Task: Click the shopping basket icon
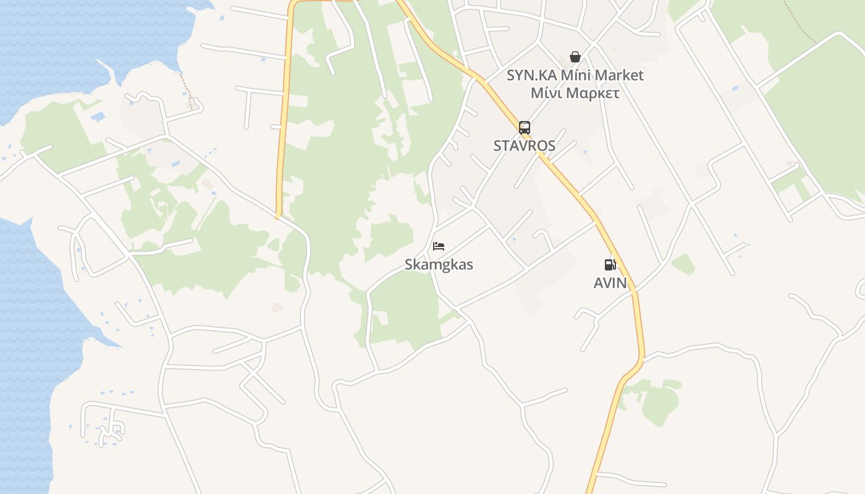tap(575, 57)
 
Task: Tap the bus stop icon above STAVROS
tap(525, 128)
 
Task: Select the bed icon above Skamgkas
tap(439, 246)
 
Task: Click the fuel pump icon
tap(610, 265)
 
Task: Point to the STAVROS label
tap(524, 146)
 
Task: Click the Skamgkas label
tap(439, 265)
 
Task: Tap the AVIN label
tap(610, 283)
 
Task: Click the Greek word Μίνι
tap(546, 93)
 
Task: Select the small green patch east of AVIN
tap(683, 264)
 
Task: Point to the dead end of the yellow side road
tap(278, 216)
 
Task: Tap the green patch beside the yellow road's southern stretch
tap(658, 401)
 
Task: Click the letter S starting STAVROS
tap(497, 146)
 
